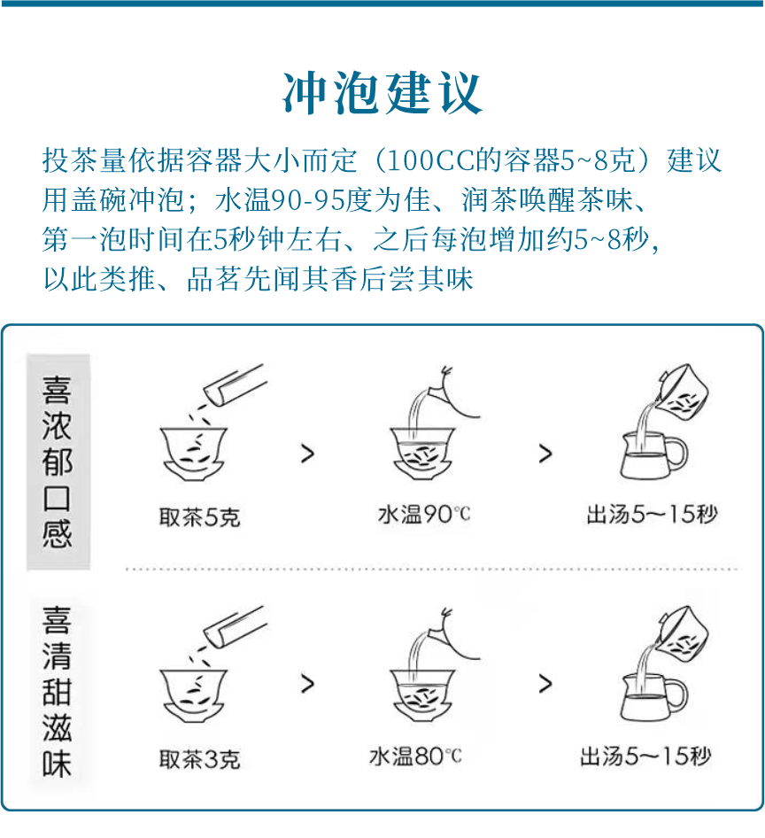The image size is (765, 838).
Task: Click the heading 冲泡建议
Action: click(382, 92)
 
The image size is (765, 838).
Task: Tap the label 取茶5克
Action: click(199, 516)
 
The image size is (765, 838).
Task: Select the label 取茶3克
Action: click(199, 759)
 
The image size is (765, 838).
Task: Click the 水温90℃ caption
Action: click(424, 515)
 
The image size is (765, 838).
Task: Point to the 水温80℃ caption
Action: click(415, 757)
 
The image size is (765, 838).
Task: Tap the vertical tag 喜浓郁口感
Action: click(58, 462)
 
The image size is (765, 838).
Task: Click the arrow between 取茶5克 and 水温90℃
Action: click(307, 454)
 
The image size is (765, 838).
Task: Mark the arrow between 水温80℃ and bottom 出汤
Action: click(545, 684)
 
